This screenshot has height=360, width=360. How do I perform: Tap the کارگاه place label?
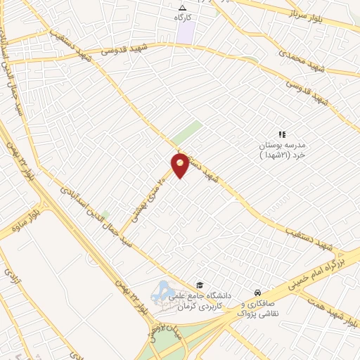pos(184,16)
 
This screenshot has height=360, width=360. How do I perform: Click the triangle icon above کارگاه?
pos(183,7)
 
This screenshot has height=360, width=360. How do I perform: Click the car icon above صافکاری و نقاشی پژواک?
pos(259,292)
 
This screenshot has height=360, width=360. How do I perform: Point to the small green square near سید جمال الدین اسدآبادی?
pos(105,214)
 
